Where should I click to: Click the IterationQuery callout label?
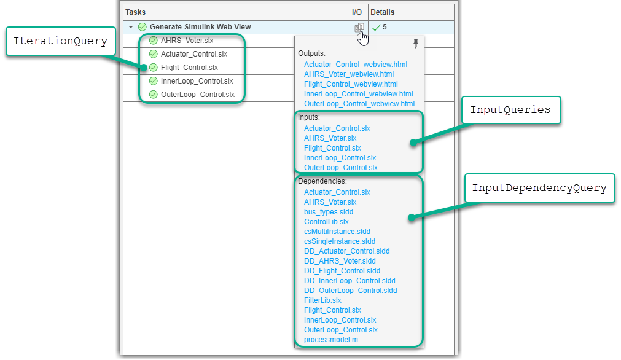60,42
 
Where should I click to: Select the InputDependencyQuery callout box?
539,189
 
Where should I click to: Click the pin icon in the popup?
416,44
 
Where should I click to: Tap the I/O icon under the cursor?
359,27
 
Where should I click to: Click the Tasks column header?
136,12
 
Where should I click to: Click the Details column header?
382,12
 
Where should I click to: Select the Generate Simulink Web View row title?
200,27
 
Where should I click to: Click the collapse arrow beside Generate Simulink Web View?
131,27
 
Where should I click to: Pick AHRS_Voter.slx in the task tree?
187,41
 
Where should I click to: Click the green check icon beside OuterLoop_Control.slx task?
153,95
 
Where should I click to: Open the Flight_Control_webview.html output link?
351,84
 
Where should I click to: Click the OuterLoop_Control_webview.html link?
359,104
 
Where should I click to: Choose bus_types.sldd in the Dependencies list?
329,212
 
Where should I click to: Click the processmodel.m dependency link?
330,340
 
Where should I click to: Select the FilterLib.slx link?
322,300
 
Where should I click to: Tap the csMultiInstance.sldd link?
337,232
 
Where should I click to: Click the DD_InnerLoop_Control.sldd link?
350,281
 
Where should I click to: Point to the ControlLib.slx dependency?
326,222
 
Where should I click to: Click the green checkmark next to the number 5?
376,27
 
